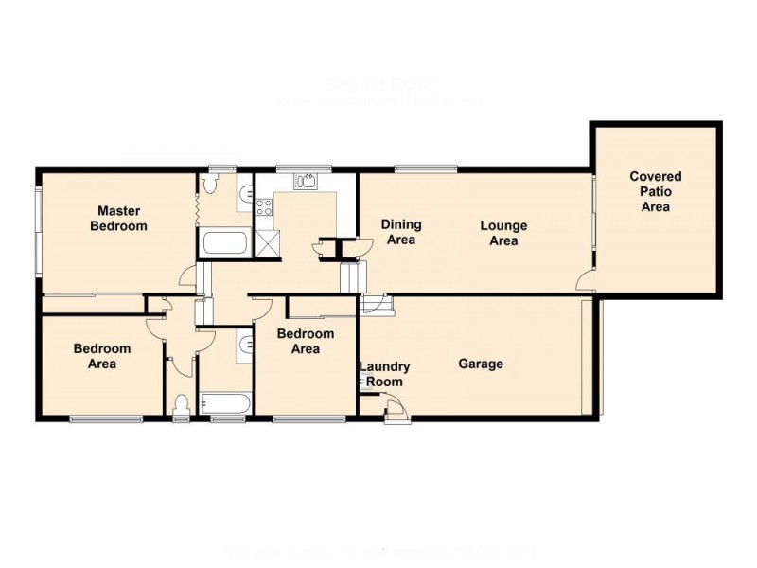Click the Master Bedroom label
tap(118, 219)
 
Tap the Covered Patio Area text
tap(656, 191)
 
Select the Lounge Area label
tap(503, 233)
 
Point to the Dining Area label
tap(400, 232)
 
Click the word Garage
tap(481, 364)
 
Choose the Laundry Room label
tap(385, 374)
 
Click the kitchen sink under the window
tap(305, 182)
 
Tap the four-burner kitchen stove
tap(263, 207)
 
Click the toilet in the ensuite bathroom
tap(244, 195)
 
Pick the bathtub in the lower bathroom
tap(225, 405)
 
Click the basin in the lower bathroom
tap(245, 346)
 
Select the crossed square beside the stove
tap(267, 241)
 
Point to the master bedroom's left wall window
tap(38, 232)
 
